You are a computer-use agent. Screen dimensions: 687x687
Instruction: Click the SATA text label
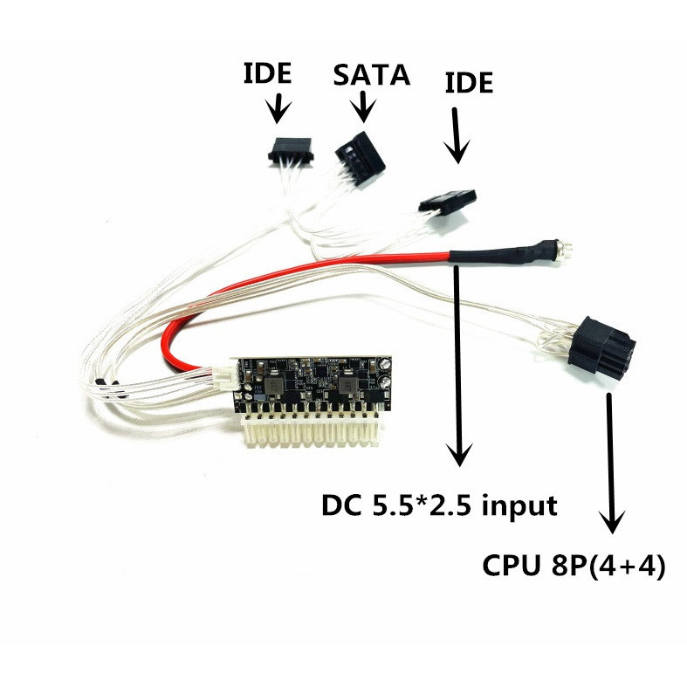click(371, 74)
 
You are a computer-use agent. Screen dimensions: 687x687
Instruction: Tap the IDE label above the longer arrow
click(469, 85)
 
